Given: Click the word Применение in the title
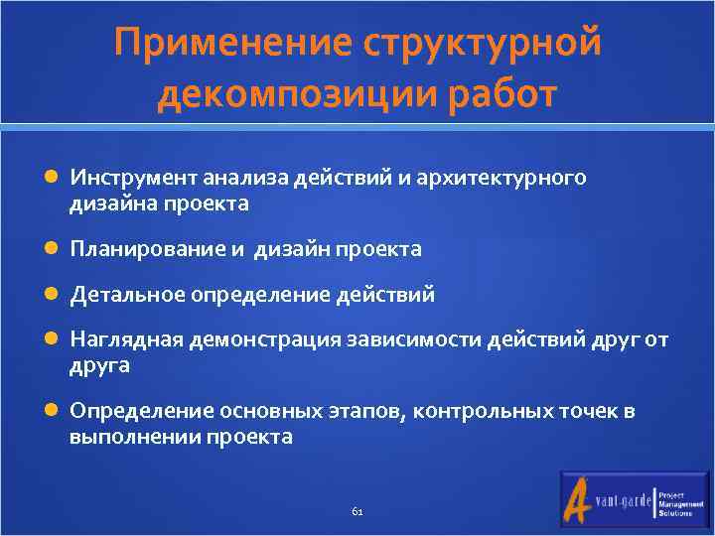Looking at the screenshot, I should [x=231, y=44].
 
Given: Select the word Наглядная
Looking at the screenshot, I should [x=121, y=340].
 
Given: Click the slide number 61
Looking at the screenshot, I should [x=357, y=511].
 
